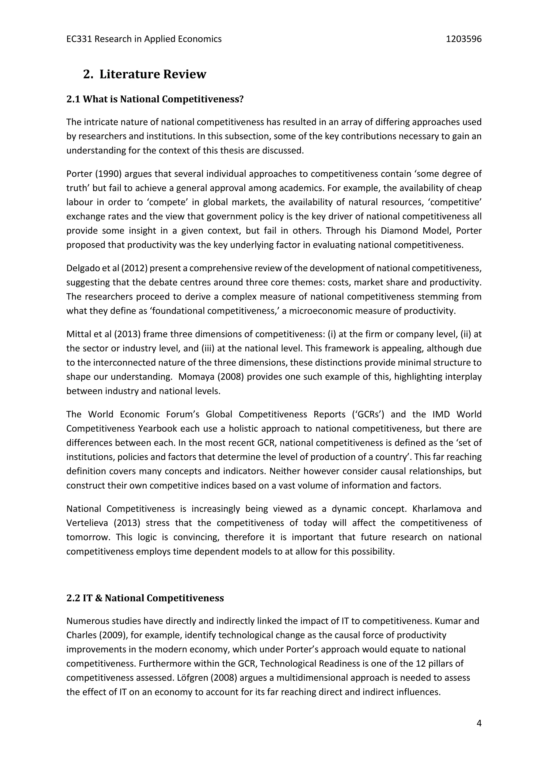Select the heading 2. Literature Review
144,74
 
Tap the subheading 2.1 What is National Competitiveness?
155,99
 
